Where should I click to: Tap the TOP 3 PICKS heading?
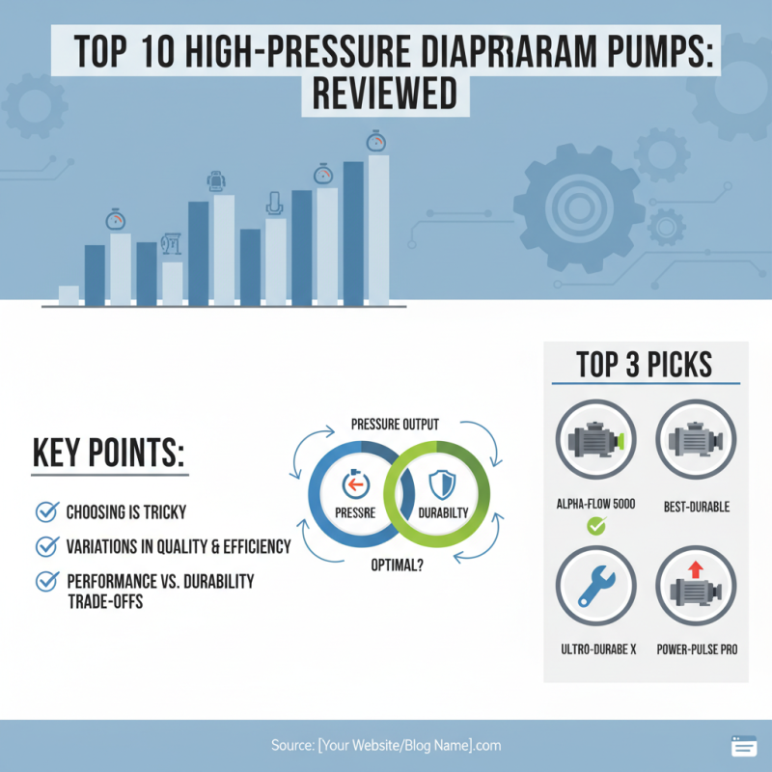(x=645, y=365)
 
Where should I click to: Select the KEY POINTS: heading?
(x=108, y=455)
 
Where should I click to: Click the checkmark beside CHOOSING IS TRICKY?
(x=45, y=511)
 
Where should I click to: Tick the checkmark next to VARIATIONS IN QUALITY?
(x=45, y=547)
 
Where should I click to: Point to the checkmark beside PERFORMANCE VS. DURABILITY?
(x=45, y=582)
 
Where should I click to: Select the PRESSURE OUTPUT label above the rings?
(x=396, y=425)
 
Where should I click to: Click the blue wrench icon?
(x=595, y=587)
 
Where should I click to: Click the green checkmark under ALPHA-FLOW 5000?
(x=595, y=527)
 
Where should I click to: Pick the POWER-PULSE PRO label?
(x=697, y=649)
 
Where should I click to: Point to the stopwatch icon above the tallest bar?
(x=376, y=142)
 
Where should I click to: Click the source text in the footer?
(x=385, y=746)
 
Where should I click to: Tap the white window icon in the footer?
(x=743, y=746)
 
